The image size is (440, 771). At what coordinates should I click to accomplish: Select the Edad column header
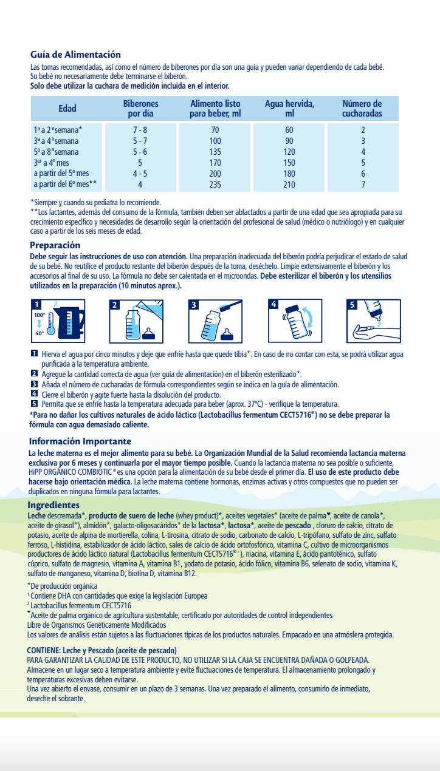tap(67, 109)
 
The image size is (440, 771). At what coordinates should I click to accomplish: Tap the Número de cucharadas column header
tap(362, 109)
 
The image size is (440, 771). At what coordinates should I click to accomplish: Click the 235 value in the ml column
tap(215, 185)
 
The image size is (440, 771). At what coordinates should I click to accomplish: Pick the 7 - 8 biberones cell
tap(140, 130)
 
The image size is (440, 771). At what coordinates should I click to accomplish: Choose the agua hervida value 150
tap(289, 163)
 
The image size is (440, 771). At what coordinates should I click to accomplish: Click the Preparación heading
tap(55, 245)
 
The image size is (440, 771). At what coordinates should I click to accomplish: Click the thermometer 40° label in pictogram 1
tap(40, 333)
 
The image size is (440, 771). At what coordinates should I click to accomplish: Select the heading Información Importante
tap(80, 441)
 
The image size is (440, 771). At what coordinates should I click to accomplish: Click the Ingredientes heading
tap(53, 505)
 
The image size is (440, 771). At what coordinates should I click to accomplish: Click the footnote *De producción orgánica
tap(63, 586)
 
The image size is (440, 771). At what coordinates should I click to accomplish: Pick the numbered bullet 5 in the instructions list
tap(34, 404)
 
